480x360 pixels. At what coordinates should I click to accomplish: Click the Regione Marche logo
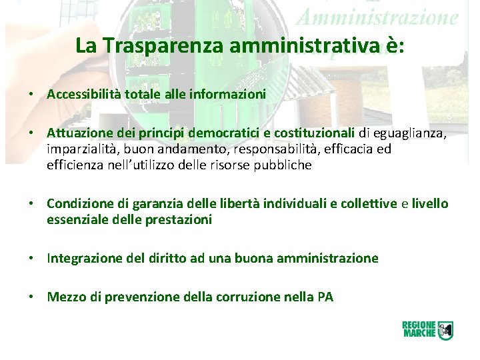coord(427,329)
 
